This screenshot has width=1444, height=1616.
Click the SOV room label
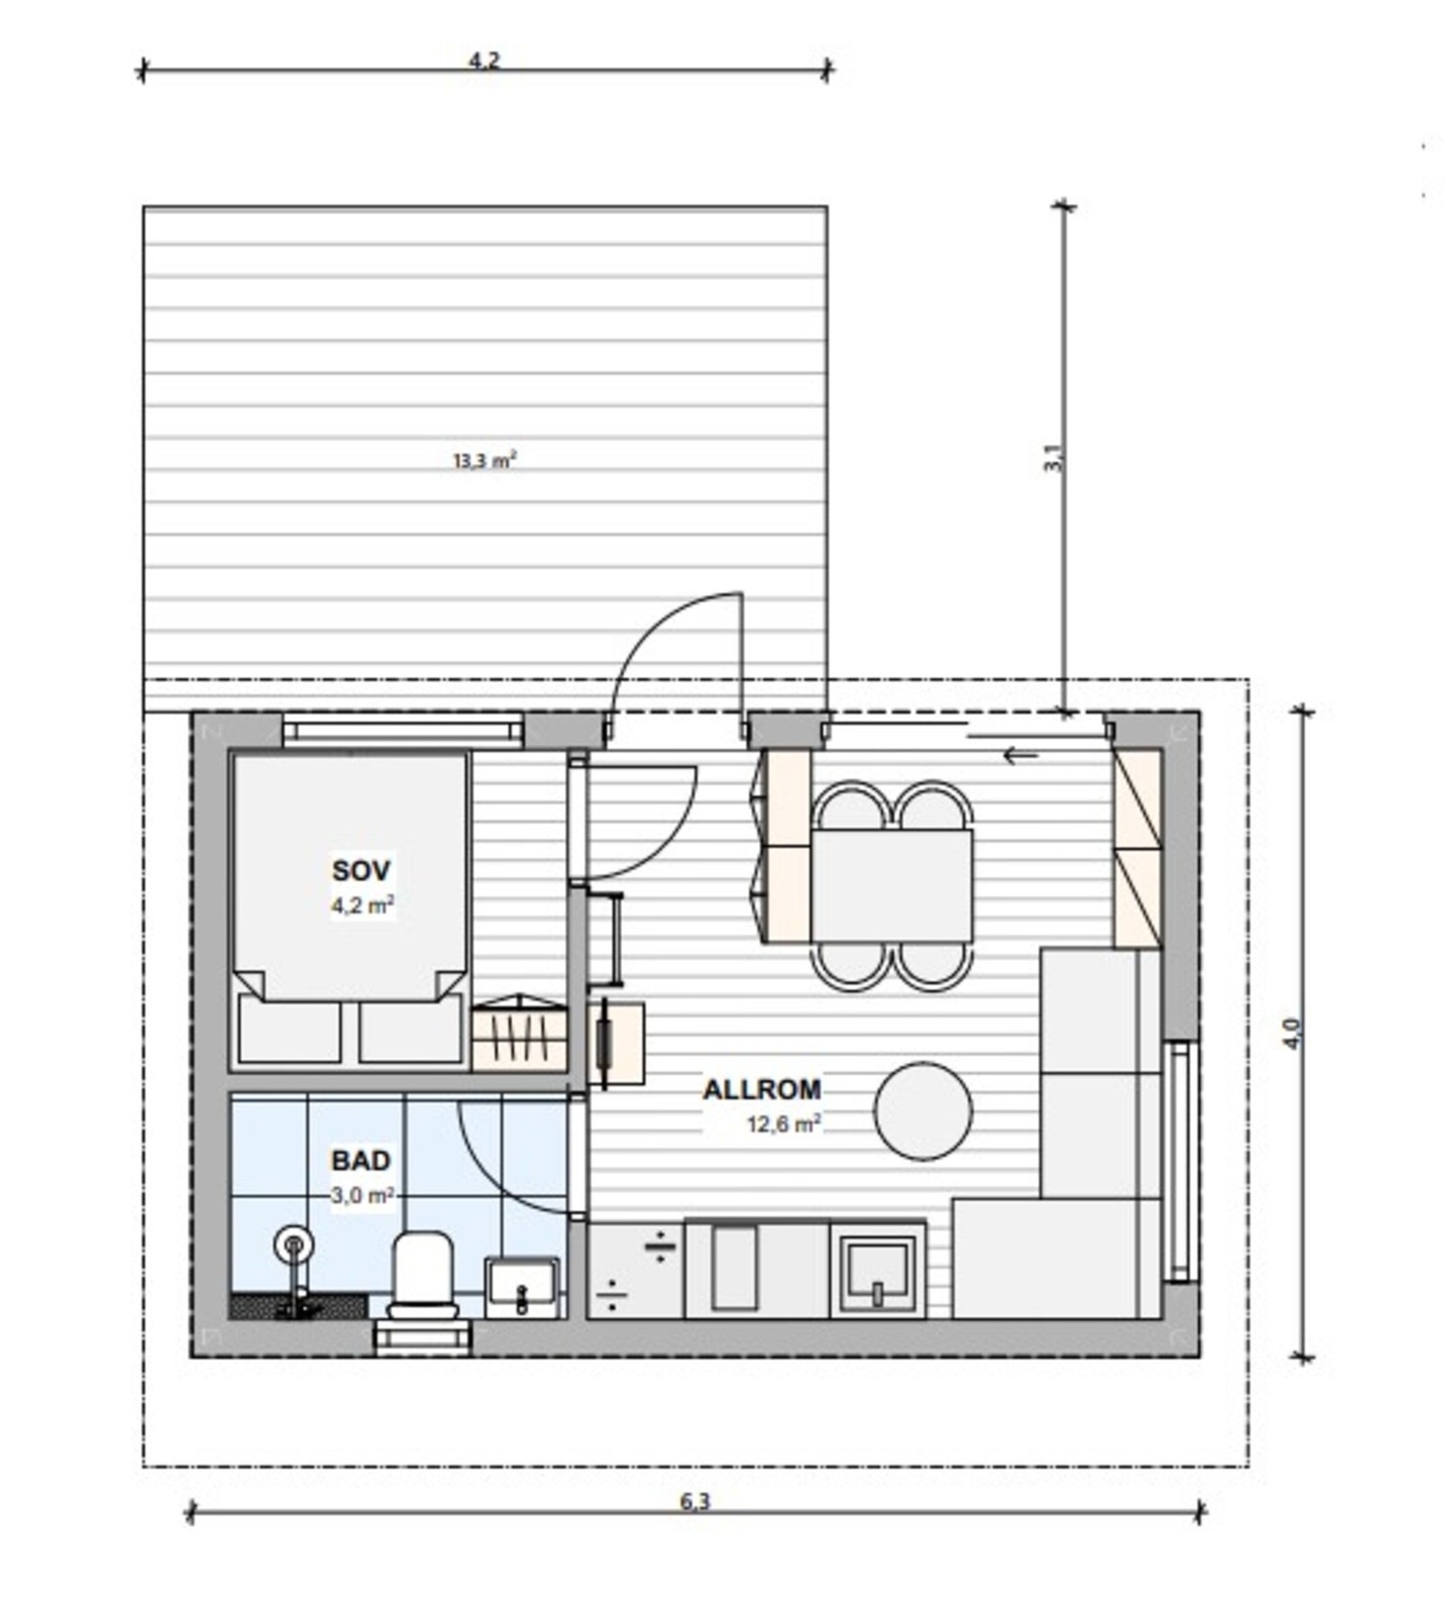click(361, 871)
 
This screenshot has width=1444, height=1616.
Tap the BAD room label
click(361, 1160)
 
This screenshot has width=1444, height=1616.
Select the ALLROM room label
click(763, 1090)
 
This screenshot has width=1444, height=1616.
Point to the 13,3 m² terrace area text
click(485, 461)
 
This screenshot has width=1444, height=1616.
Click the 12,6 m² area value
click(783, 1124)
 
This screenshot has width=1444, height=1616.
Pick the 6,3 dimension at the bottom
click(695, 1501)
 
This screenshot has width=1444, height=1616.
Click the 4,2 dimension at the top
click(484, 60)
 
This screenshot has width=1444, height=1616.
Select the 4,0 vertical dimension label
click(1291, 1033)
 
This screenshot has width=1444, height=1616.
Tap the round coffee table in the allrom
click(923, 1111)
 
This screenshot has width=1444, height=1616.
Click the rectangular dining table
click(892, 886)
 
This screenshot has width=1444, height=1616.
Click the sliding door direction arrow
click(1021, 755)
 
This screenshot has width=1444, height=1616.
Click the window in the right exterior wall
click(1180, 1161)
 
